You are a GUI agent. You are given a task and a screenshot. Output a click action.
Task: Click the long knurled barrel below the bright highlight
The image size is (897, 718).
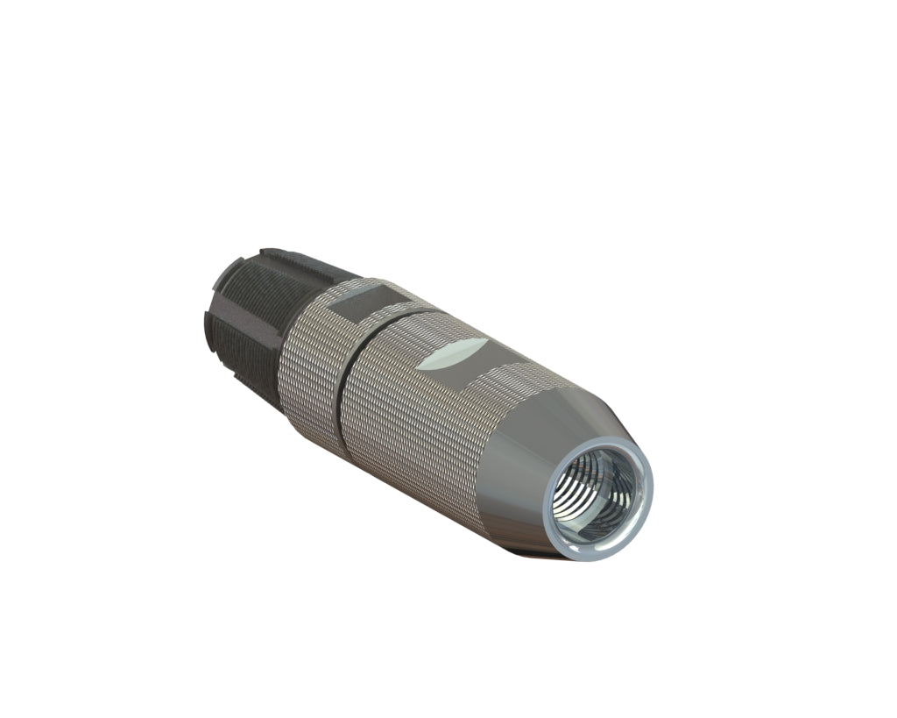click(x=412, y=438)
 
